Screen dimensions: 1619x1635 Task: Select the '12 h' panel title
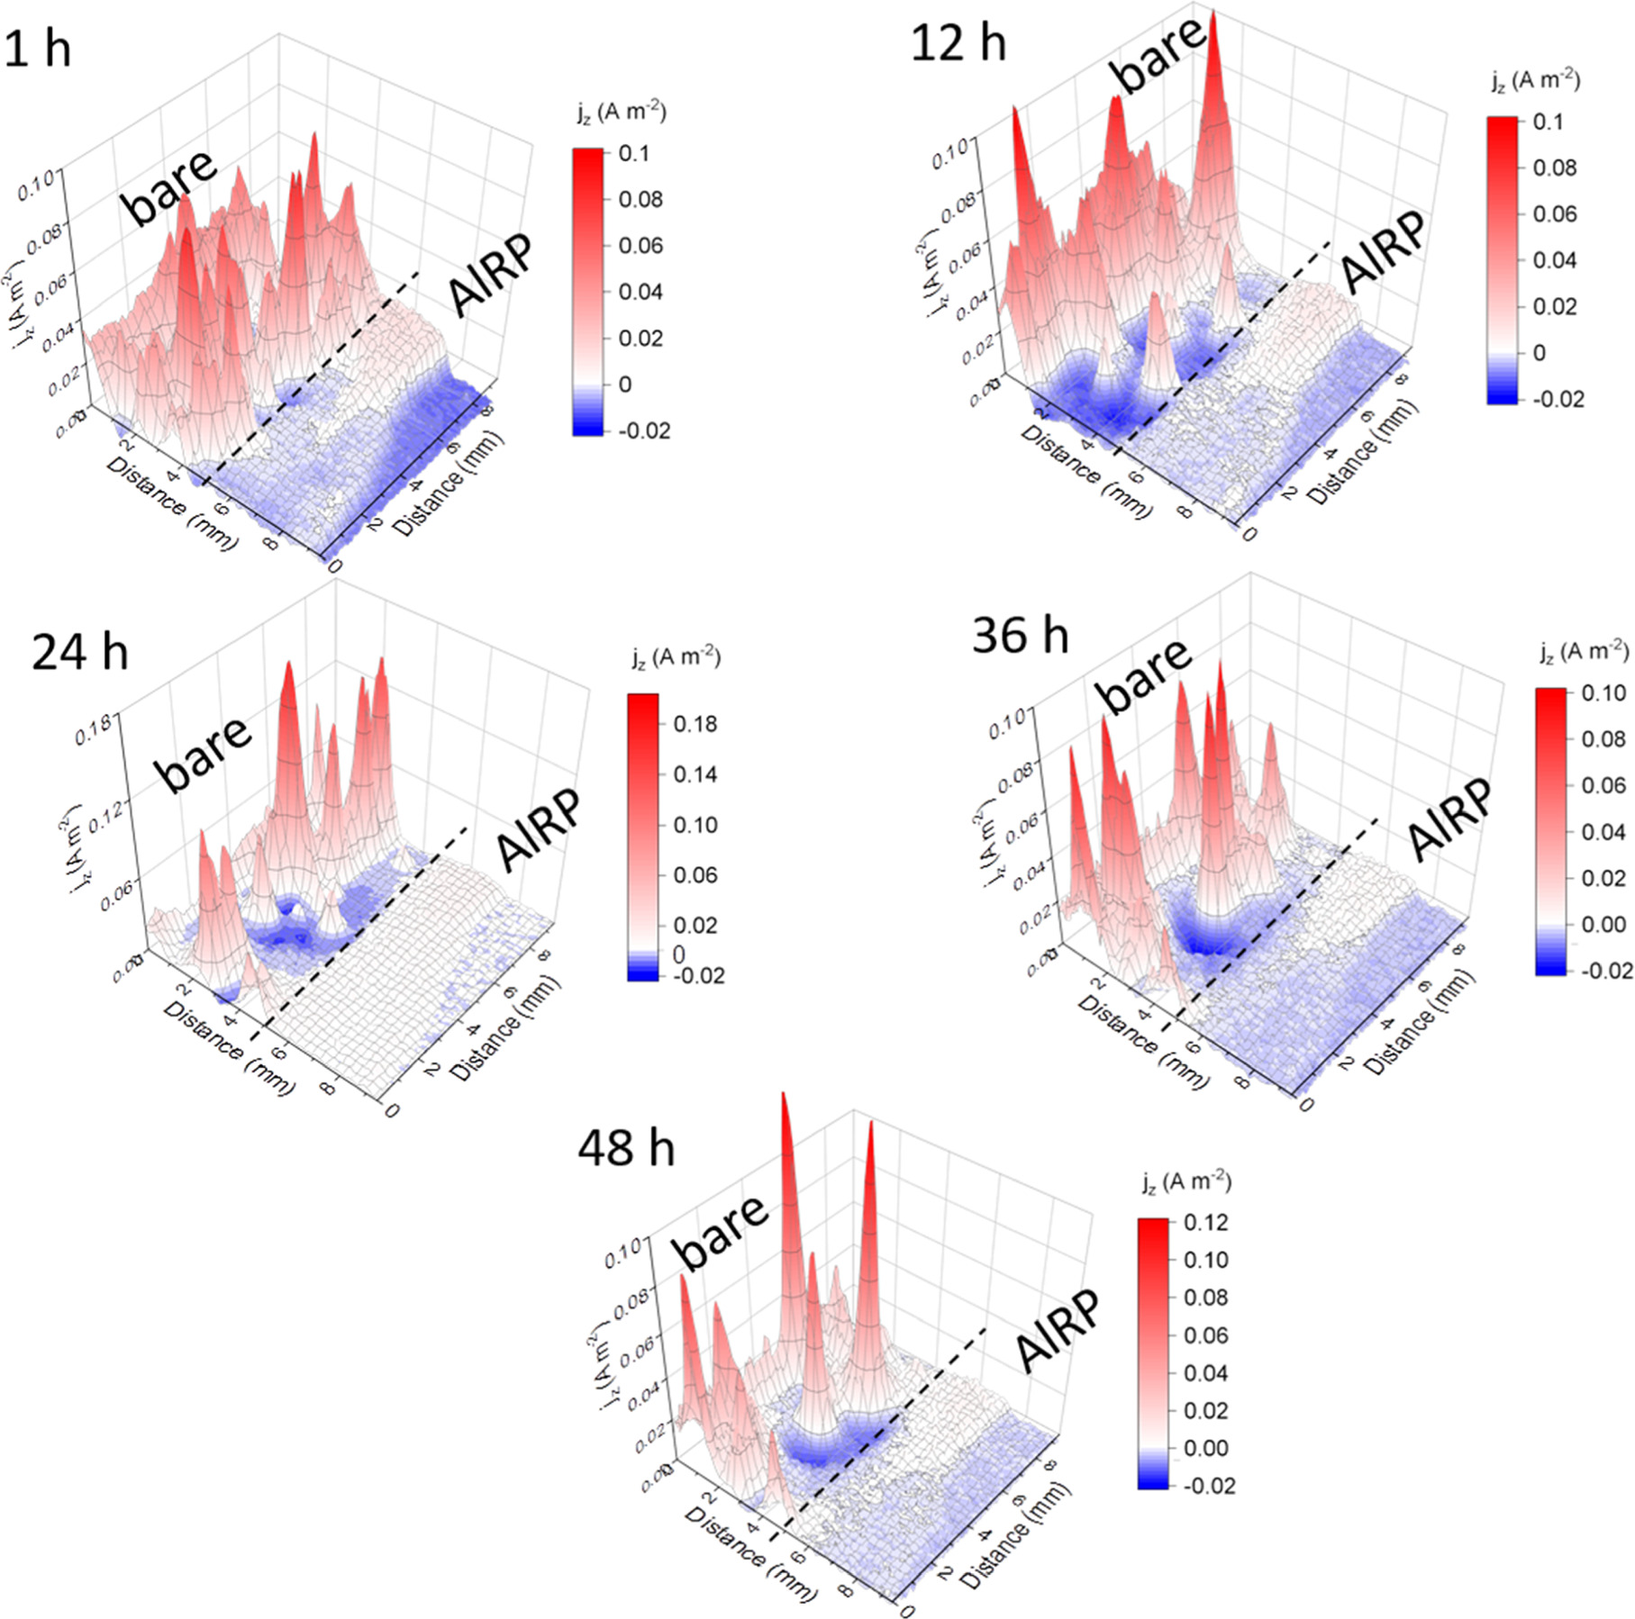coord(958,42)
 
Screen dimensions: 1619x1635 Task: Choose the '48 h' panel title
coord(626,1149)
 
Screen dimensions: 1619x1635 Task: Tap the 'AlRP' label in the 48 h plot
coord(1059,1330)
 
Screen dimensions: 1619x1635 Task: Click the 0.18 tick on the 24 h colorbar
coord(695,724)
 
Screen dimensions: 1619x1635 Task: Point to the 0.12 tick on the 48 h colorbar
coord(1206,1222)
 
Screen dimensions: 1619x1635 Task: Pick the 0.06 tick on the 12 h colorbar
coord(1555,213)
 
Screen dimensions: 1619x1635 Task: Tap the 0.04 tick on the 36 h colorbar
coord(1603,831)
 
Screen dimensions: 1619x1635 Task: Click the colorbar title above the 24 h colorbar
coord(676,658)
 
